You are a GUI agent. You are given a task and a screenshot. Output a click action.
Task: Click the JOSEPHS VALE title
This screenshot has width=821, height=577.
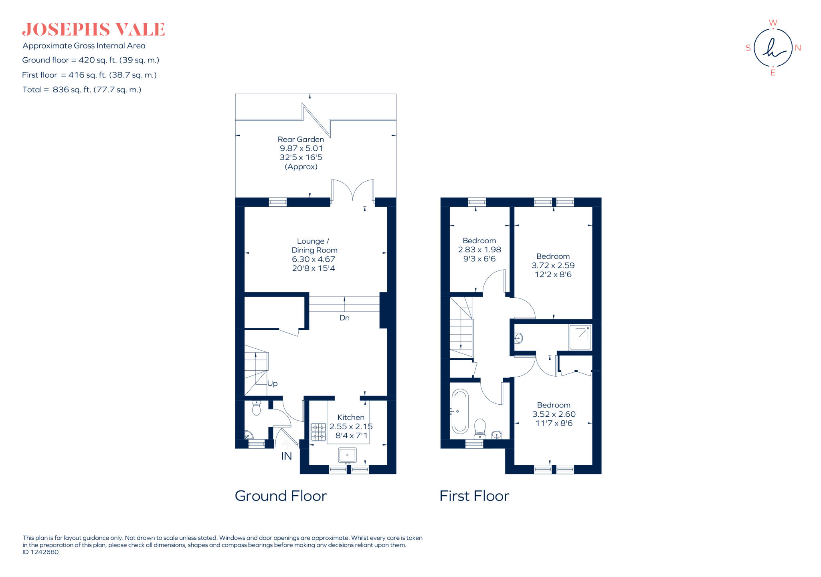[93, 30]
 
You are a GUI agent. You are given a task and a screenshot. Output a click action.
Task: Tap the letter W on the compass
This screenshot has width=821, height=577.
[773, 22]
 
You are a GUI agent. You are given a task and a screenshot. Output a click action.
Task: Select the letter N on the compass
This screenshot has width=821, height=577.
[798, 48]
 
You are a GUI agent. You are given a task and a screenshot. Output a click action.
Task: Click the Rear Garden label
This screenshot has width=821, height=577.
[301, 139]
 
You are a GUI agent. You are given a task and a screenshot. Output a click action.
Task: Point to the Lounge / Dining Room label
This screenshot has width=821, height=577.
[314, 246]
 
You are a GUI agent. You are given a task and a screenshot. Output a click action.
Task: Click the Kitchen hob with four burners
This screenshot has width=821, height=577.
[318, 432]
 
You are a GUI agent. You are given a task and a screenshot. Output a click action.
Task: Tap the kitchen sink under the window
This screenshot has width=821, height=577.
[347, 456]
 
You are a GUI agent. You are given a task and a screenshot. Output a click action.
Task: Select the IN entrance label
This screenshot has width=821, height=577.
[286, 456]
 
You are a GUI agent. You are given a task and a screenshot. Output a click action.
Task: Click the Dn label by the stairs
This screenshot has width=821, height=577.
[344, 318]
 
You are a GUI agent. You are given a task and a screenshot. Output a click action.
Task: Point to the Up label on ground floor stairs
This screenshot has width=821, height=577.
[272, 383]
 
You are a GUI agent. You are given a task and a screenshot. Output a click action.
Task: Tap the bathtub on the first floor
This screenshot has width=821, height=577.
[460, 411]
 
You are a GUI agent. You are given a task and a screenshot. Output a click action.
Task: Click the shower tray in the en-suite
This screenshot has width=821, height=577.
[580, 337]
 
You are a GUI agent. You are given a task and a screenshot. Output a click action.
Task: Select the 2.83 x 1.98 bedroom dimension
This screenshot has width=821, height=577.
[479, 250]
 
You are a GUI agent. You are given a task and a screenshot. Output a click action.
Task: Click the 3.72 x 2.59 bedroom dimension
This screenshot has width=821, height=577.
[553, 265]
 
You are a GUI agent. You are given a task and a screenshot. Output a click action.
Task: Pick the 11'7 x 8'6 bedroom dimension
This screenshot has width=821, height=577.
[553, 423]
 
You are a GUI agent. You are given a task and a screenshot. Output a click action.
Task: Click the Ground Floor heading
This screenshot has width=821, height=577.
[281, 496]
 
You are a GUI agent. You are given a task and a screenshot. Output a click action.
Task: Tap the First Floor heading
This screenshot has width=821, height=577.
[474, 496]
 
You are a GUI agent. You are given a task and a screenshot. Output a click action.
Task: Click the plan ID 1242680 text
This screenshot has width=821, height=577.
[40, 552]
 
